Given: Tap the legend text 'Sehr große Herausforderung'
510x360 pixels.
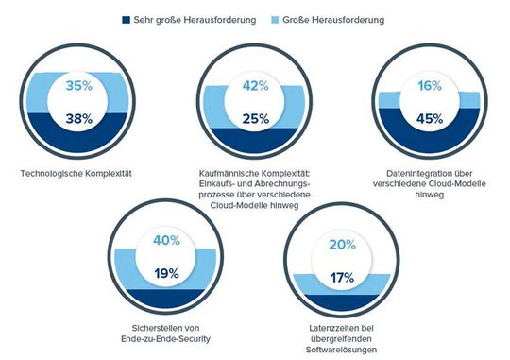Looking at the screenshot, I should (x=195, y=18).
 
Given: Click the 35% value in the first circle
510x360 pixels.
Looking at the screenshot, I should (x=77, y=86).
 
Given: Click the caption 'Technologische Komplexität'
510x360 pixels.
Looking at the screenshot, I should (x=77, y=173).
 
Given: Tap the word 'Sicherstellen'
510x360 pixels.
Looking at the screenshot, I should (x=144, y=326).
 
